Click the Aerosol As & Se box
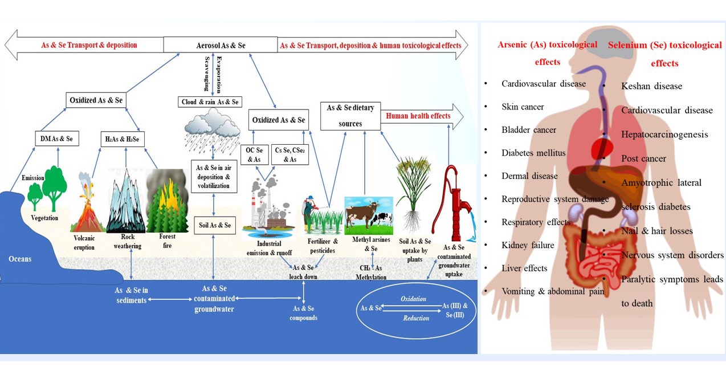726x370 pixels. coord(220,45)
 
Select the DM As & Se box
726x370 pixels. coord(56,138)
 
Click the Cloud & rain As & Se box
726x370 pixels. coord(211,102)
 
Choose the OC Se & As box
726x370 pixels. coord(254,154)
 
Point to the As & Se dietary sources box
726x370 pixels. coord(350,116)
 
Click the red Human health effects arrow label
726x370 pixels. coord(418,116)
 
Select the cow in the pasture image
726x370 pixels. coord(368,215)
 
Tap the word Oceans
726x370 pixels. coord(20,259)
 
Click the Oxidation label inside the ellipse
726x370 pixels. coord(413,299)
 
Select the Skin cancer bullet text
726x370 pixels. coord(523,107)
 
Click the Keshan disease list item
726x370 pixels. coord(651,86)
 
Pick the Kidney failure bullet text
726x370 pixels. coord(528,245)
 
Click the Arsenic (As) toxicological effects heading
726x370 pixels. coord(548,52)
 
